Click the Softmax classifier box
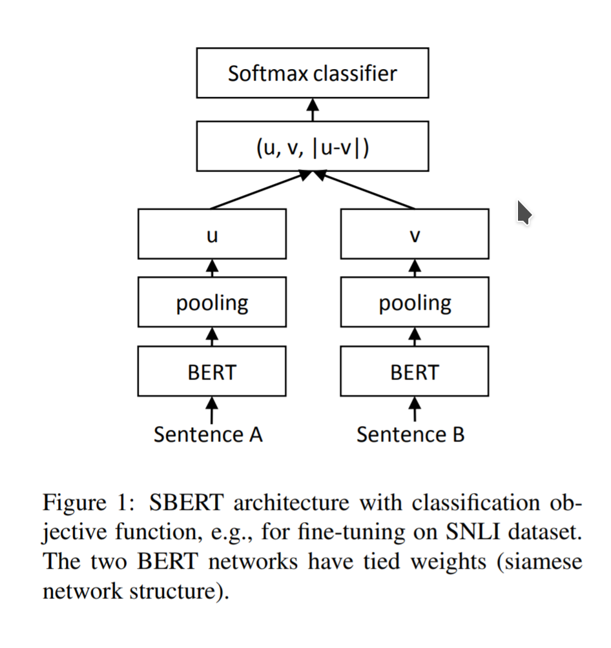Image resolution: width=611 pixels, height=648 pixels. (x=312, y=73)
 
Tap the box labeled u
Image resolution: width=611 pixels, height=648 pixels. (x=212, y=234)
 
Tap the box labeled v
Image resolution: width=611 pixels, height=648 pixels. (x=415, y=234)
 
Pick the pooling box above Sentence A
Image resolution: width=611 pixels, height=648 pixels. (x=212, y=302)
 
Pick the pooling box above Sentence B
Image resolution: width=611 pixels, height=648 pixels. (x=415, y=302)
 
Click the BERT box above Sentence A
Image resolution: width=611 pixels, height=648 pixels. (x=212, y=371)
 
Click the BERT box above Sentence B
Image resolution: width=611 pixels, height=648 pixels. (x=415, y=371)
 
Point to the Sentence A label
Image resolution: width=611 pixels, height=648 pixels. (x=208, y=434)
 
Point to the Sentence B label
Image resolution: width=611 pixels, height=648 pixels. (x=411, y=434)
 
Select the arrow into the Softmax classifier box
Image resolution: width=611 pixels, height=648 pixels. (x=313, y=110)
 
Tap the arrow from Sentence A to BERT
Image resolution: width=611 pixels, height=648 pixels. (x=212, y=409)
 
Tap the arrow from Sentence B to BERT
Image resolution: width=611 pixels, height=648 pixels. (x=415, y=409)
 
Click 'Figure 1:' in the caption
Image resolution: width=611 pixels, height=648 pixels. (x=90, y=503)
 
